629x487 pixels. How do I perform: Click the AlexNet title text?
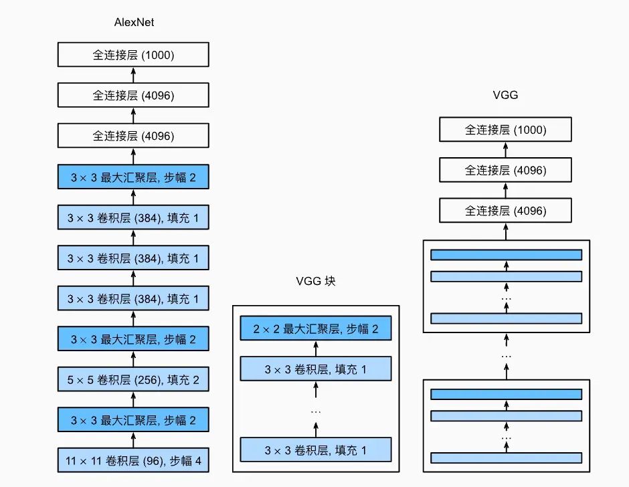pyautogui.click(x=134, y=23)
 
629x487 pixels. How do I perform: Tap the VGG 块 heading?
pyautogui.click(x=315, y=282)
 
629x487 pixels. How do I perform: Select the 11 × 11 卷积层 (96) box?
pyautogui.click(x=134, y=460)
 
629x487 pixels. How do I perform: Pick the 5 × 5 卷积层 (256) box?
pyautogui.click(x=134, y=380)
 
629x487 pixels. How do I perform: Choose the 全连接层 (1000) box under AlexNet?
pyautogui.click(x=134, y=55)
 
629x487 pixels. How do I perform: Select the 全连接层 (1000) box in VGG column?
pyautogui.click(x=506, y=130)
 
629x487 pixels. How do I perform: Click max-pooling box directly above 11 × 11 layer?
pyautogui.click(x=134, y=420)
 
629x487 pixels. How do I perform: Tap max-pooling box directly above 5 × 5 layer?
pyautogui.click(x=134, y=340)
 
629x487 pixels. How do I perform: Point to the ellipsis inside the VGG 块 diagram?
pyautogui.click(x=315, y=409)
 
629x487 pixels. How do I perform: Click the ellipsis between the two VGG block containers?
pyautogui.click(x=506, y=356)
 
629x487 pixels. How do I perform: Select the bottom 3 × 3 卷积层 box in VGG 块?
pyautogui.click(x=314, y=449)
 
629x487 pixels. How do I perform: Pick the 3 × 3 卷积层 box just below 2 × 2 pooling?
pyautogui.click(x=314, y=368)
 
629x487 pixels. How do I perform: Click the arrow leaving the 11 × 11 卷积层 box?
pyautogui.click(x=134, y=440)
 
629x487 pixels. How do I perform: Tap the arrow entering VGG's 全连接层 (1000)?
pyautogui.click(x=506, y=150)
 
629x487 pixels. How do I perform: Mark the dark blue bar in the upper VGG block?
pyautogui.click(x=506, y=255)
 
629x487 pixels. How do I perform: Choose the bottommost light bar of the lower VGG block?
pyautogui.click(x=506, y=458)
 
